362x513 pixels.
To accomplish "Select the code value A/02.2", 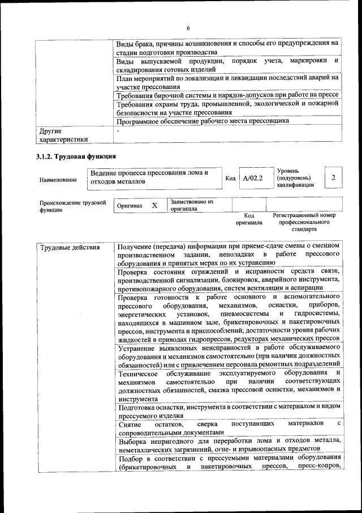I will tap(253, 178).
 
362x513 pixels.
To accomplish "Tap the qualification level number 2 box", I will tap(334, 178).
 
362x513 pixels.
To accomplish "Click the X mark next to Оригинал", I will tap(154, 206).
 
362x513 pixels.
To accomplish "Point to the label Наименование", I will tap(58, 180).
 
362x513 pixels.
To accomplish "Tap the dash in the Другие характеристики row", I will tap(118, 130).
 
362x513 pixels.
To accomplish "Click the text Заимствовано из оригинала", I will tap(192, 205).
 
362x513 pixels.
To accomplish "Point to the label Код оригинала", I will tap(249, 219).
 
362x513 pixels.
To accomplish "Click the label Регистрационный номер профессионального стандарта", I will tap(304, 223).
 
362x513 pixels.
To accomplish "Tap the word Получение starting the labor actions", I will tap(135, 246).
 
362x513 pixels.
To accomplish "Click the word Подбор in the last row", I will tap(132, 457).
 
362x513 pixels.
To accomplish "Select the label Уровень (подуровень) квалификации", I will tap(295, 177).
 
